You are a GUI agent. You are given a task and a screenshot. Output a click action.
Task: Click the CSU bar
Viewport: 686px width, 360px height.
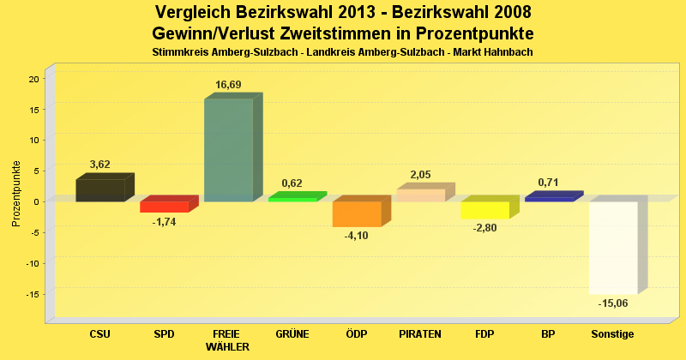tap(100, 190)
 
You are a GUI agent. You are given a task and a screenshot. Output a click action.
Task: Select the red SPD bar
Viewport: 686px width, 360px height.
tap(164, 207)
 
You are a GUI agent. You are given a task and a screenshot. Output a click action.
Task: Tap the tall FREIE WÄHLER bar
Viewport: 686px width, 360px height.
tap(228, 150)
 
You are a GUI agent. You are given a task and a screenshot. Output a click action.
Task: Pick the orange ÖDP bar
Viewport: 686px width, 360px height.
tap(357, 214)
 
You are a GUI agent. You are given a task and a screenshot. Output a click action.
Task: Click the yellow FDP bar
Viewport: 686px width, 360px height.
tap(484, 210)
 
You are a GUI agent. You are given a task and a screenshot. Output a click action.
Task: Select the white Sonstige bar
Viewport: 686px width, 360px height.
tap(613, 248)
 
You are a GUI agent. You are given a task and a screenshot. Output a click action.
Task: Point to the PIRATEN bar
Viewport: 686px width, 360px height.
tap(420, 195)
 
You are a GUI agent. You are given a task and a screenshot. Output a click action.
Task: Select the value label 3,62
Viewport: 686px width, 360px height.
tap(99, 165)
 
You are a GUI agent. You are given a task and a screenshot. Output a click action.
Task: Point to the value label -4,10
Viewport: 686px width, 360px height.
tap(356, 236)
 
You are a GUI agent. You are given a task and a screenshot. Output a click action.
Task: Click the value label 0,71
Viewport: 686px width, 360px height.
tap(549, 183)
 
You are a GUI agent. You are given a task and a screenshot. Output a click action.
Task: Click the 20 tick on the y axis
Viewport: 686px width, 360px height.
tap(34, 79)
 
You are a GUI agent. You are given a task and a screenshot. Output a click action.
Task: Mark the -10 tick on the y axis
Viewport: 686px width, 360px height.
tap(32, 263)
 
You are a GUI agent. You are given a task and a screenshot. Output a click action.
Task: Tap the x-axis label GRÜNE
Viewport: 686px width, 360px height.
tap(292, 333)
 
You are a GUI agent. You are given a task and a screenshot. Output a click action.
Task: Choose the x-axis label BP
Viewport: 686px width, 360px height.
tap(549, 333)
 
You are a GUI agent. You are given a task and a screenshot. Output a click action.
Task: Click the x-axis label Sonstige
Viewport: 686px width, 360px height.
tap(613, 333)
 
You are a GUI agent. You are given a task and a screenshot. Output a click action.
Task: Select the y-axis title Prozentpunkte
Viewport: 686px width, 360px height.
tap(16, 193)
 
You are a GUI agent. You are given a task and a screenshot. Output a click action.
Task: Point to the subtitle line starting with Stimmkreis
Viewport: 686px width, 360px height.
tap(342, 52)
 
